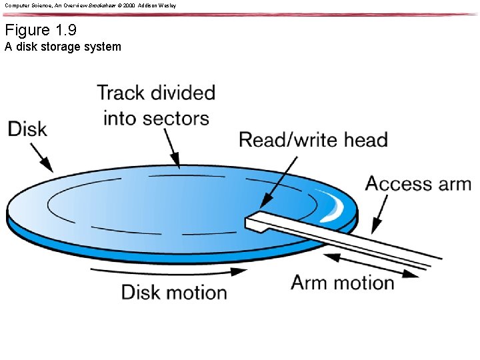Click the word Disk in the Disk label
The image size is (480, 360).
(x=27, y=129)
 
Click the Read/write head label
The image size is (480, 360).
(x=313, y=140)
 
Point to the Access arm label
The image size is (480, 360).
(x=418, y=184)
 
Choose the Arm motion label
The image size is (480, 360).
(x=343, y=282)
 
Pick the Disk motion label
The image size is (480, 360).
(x=174, y=292)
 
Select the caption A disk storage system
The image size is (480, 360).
(x=63, y=47)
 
